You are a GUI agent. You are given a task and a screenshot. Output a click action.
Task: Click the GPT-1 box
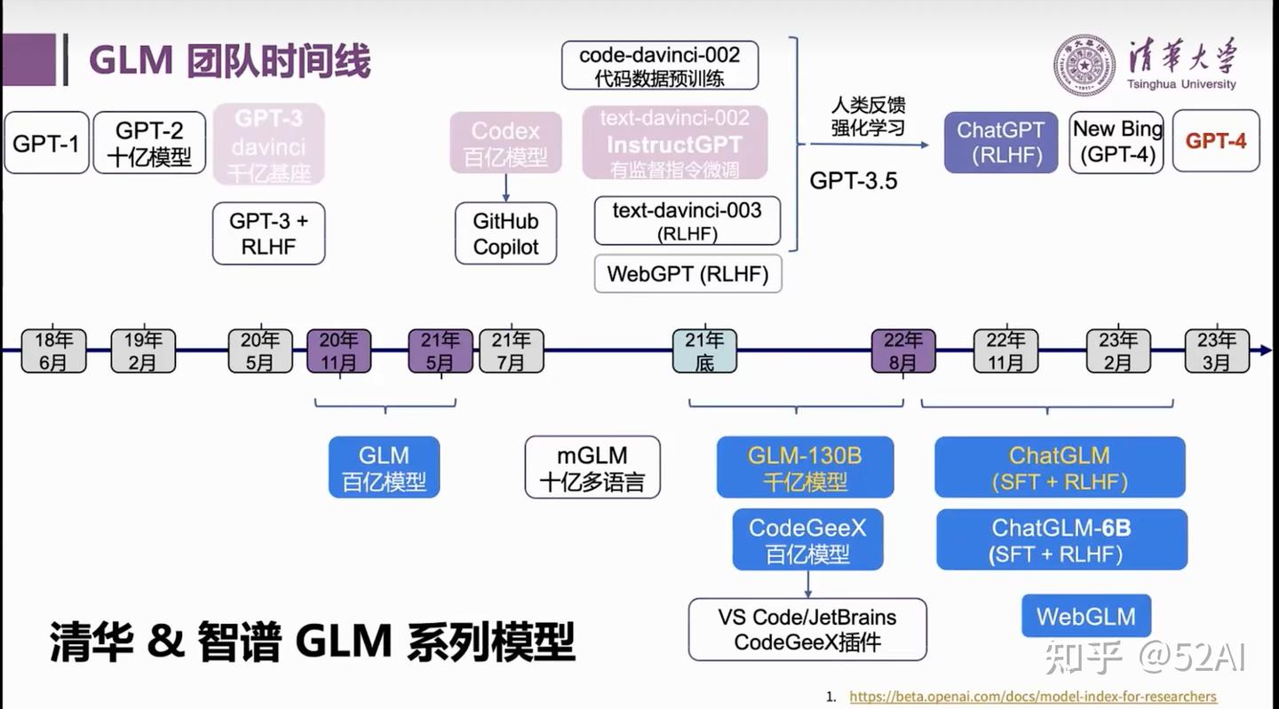click(46, 142)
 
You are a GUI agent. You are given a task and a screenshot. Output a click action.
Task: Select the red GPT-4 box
click(1216, 141)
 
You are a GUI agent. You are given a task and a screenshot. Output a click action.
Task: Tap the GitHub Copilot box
click(505, 233)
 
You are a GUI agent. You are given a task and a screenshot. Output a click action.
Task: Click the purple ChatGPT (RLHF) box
click(1000, 142)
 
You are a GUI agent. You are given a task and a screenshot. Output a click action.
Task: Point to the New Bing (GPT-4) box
click(1116, 142)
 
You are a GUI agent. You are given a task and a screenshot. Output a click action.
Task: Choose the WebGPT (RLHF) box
click(687, 274)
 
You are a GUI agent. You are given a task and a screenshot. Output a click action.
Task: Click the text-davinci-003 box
click(687, 221)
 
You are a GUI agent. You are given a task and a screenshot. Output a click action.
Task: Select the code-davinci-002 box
click(660, 66)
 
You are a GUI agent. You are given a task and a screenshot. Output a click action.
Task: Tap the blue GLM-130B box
click(805, 468)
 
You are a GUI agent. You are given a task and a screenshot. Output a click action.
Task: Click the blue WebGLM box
click(1085, 616)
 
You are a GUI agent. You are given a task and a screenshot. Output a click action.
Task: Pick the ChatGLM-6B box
click(1061, 540)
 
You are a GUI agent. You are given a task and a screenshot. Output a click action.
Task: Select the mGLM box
click(592, 468)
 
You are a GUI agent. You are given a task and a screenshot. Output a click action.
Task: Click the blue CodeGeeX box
click(807, 540)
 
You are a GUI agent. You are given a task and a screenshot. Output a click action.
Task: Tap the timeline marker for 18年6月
click(54, 351)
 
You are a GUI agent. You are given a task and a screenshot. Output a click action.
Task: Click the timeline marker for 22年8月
click(902, 351)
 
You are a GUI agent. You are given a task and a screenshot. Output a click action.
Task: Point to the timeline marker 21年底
click(704, 351)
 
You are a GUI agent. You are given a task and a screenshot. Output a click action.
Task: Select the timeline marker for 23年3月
click(1217, 351)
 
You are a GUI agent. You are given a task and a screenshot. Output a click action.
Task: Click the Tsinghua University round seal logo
click(1084, 66)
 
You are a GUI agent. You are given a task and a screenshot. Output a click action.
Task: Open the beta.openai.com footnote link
click(1033, 697)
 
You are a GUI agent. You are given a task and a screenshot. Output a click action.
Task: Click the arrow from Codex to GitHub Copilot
click(505, 187)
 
